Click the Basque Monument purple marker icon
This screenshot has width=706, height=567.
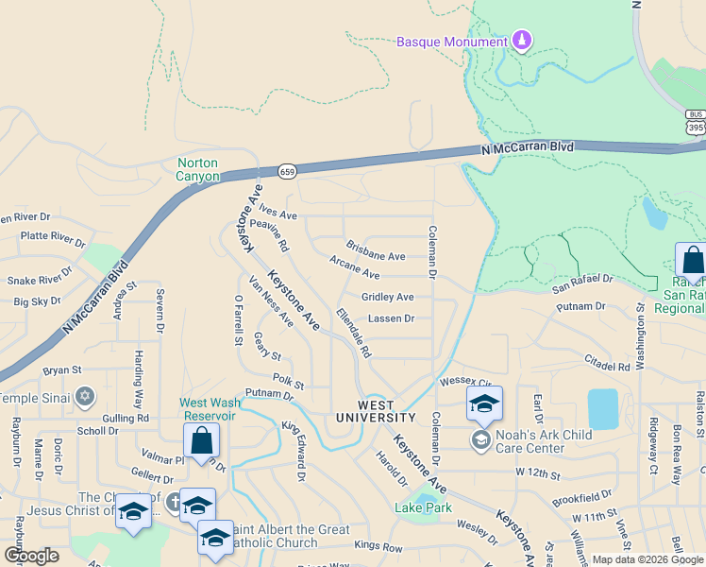(521, 41)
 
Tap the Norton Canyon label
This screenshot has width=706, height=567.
(198, 169)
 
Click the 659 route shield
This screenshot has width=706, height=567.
(288, 171)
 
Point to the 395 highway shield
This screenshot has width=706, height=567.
(696, 127)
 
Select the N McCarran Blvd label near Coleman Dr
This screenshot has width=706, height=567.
(527, 148)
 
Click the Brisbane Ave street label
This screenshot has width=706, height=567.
(375, 256)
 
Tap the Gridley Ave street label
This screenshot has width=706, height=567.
(387, 297)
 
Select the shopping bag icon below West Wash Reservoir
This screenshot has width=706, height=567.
(202, 440)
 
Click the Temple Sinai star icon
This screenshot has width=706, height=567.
(85, 395)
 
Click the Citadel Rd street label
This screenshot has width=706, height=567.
(606, 366)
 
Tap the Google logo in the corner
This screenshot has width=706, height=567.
(32, 556)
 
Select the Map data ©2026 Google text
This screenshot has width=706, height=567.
(647, 559)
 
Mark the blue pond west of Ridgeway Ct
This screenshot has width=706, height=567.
(603, 408)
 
